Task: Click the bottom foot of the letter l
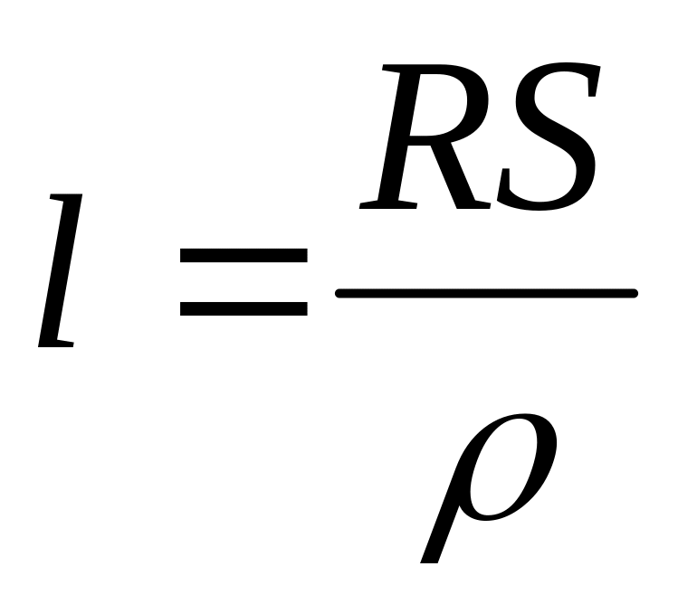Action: click(56, 344)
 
